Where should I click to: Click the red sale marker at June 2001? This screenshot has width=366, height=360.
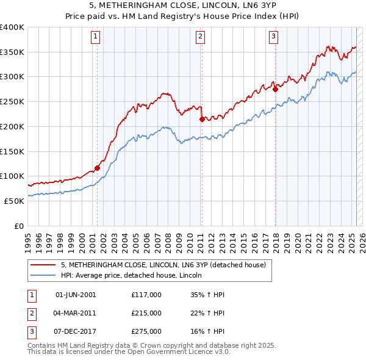(x=97, y=168)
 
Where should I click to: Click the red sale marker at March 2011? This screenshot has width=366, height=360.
(x=202, y=120)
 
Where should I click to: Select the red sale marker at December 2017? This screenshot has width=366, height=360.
(x=275, y=90)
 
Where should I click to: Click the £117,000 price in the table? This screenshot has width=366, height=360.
(x=146, y=295)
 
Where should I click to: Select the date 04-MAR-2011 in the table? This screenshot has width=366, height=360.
(x=76, y=313)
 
